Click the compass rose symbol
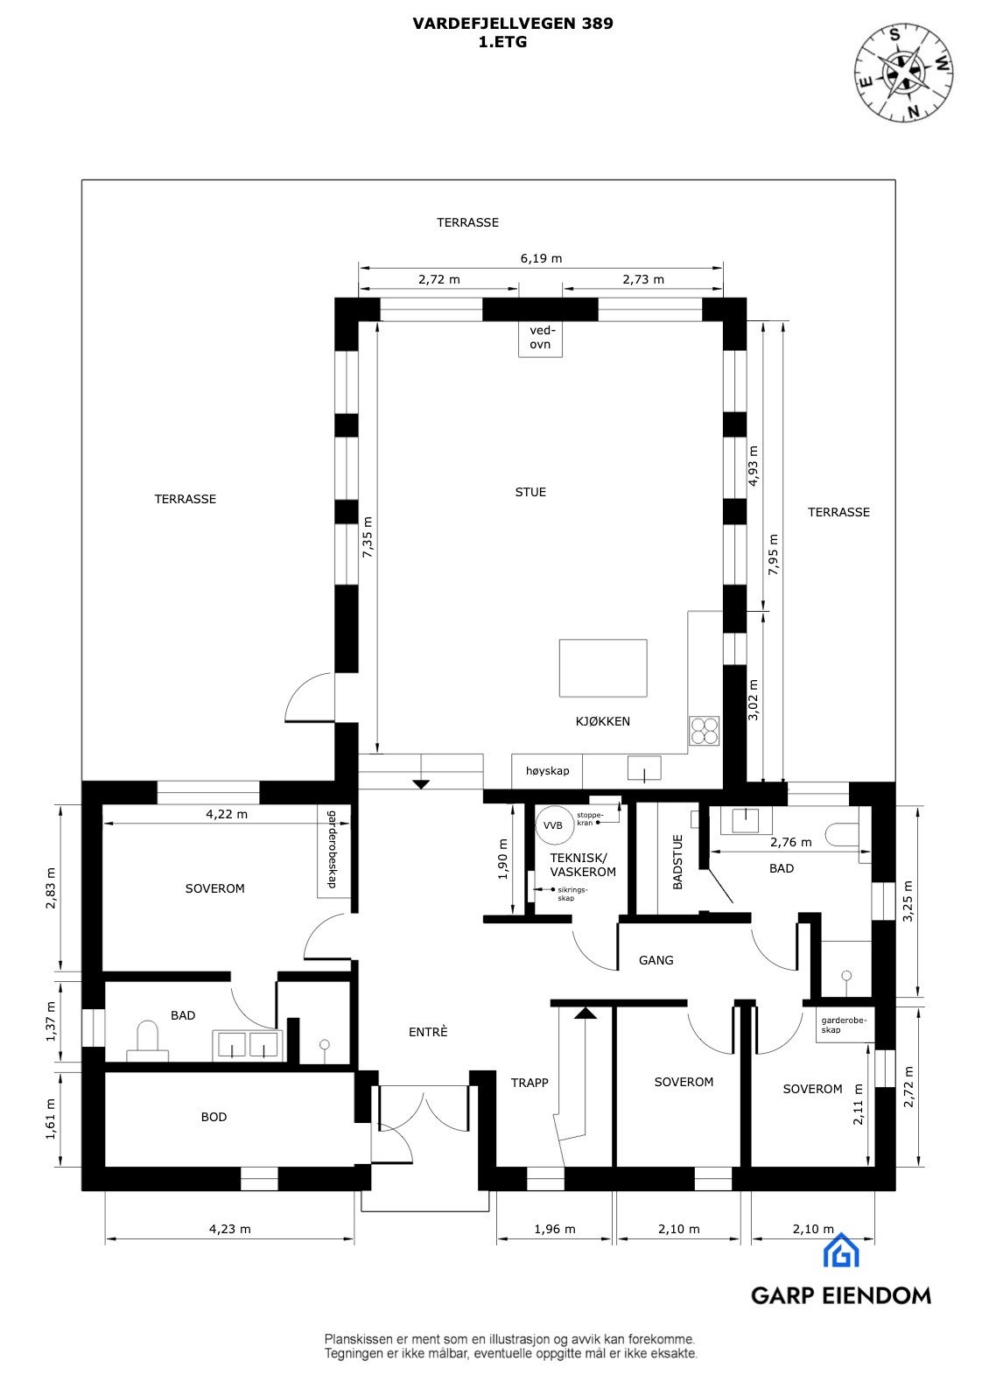click(904, 71)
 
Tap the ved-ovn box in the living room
click(540, 338)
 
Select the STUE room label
click(530, 492)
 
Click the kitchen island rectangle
click(603, 668)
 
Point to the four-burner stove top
click(704, 730)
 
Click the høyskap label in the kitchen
click(547, 771)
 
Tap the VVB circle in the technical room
click(552, 825)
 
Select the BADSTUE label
click(677, 863)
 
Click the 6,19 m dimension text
click(541, 258)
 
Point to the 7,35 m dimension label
click(368, 541)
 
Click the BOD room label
click(214, 1117)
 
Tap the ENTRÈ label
click(428, 1032)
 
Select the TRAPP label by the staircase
click(530, 1083)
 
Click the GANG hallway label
click(656, 960)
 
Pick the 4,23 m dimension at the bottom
click(229, 1229)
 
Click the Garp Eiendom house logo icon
click(841, 1251)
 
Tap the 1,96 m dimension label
click(555, 1229)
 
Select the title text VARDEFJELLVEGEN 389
click(513, 25)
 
